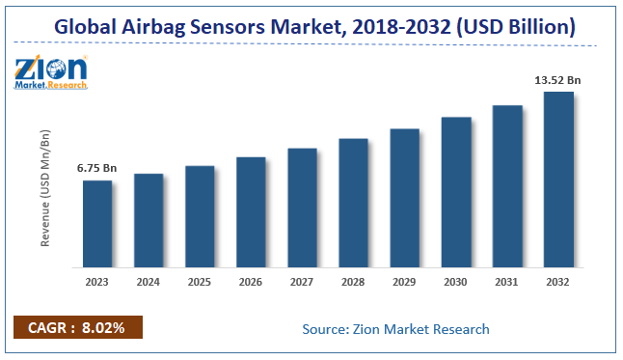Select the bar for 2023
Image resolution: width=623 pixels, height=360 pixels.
(96, 224)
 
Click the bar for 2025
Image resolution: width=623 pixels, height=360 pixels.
(200, 216)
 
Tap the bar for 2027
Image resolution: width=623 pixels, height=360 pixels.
(302, 208)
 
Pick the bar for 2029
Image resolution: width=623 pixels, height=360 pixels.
(404, 198)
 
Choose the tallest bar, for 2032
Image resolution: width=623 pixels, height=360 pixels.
(558, 180)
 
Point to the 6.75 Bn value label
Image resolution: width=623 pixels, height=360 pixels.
(96, 169)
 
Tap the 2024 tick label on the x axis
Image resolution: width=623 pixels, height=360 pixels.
(148, 282)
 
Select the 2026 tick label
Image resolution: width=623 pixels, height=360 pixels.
(251, 282)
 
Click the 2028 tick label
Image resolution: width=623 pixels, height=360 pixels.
(353, 282)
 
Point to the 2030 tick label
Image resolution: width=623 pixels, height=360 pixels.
(455, 282)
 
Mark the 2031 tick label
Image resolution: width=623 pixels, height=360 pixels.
(507, 282)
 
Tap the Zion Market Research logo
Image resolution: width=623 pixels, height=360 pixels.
(51, 72)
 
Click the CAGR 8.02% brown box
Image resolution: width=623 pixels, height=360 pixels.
(78, 328)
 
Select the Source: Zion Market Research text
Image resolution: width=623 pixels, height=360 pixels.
(395, 329)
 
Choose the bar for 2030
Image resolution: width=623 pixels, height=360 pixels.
(456, 192)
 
